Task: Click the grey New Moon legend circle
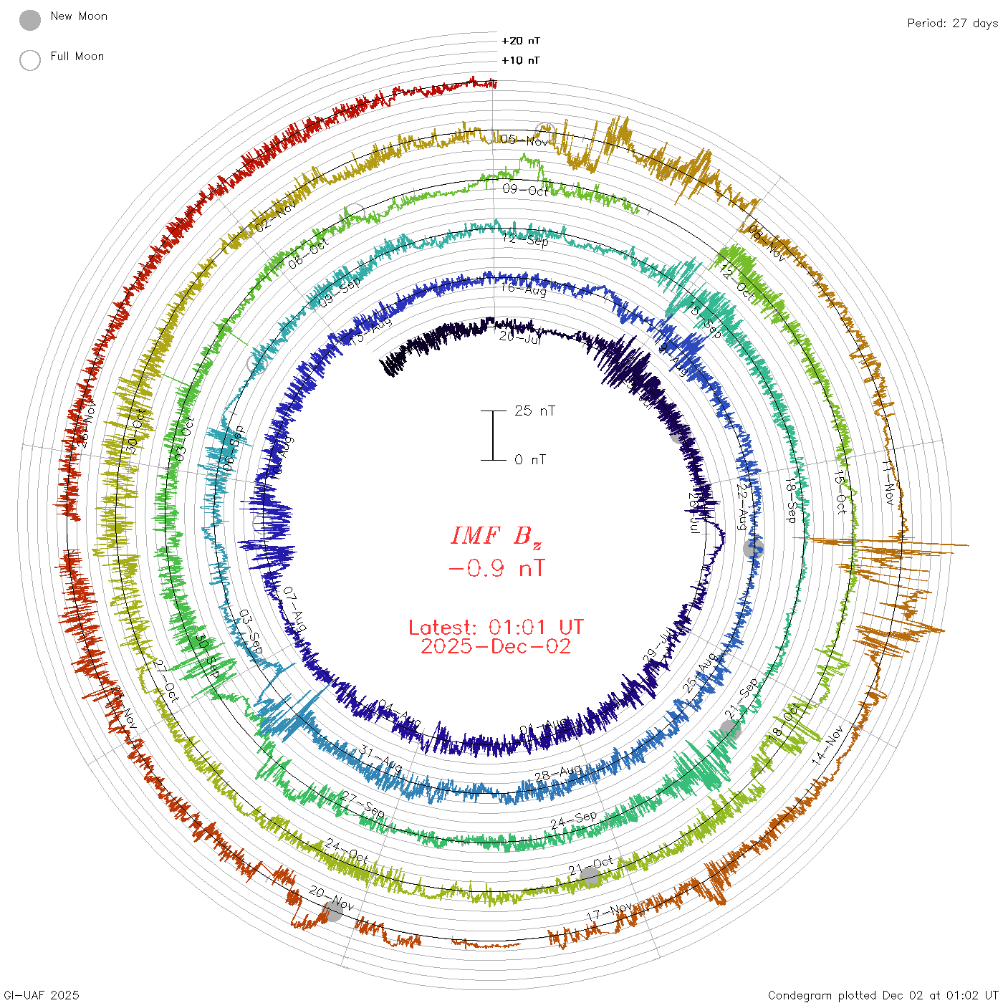click(30, 20)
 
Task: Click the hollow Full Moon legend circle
click(30, 60)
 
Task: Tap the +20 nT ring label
click(521, 41)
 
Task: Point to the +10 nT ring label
click(521, 60)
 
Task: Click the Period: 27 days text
click(952, 23)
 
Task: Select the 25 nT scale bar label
click(534, 411)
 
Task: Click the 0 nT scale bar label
click(530, 459)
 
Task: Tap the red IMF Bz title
click(496, 536)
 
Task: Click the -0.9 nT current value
click(496, 569)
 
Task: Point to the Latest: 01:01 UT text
click(496, 627)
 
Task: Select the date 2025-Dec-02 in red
click(496, 646)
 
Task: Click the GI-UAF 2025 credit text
click(42, 994)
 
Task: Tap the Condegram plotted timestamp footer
click(883, 994)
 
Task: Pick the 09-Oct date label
click(525, 190)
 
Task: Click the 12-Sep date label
click(525, 239)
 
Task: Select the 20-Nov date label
click(331, 898)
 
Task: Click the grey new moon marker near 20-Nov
click(332, 911)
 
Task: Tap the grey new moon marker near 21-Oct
click(590, 876)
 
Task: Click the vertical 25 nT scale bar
click(493, 435)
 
